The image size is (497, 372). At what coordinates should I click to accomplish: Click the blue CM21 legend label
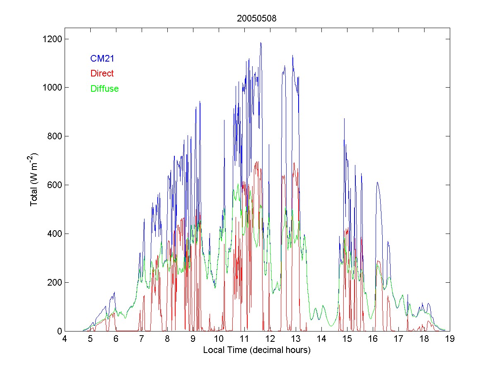(x=102, y=59)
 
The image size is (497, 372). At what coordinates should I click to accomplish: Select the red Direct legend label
(x=102, y=74)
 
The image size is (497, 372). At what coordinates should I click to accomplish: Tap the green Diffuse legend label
(x=104, y=88)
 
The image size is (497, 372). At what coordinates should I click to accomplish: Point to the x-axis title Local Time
(x=257, y=350)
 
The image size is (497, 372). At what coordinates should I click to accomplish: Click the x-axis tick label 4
(x=65, y=339)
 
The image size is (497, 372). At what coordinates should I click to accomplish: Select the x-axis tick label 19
(x=450, y=339)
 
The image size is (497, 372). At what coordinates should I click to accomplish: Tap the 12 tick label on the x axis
(x=270, y=339)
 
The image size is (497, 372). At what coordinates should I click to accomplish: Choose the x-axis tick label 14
(x=321, y=339)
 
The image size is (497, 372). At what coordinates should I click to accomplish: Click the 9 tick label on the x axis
(x=193, y=339)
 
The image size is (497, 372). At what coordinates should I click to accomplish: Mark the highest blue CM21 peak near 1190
(x=261, y=43)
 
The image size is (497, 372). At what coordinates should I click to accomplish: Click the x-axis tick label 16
(x=373, y=339)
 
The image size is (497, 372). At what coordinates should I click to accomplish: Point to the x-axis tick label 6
(x=116, y=339)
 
